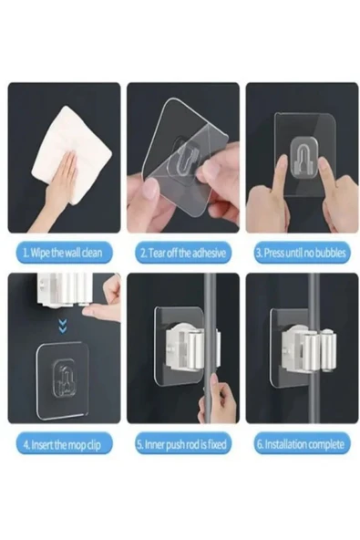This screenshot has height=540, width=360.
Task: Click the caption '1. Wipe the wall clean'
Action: point(62,253)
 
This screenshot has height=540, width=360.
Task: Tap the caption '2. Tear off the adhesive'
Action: point(183,254)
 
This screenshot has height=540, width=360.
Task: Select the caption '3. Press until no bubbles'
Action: point(301,254)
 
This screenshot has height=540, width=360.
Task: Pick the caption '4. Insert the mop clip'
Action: point(62,444)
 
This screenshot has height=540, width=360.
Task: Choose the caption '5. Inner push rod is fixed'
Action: point(182,444)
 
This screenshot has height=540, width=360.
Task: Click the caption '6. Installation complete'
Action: point(301,444)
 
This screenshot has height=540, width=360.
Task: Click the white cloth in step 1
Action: point(71,155)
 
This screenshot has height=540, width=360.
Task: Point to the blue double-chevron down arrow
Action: point(63,327)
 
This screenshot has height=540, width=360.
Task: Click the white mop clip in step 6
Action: point(308,350)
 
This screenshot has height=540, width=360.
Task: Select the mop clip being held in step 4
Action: point(64,289)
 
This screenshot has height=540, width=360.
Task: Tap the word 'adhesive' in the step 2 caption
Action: point(210,254)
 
